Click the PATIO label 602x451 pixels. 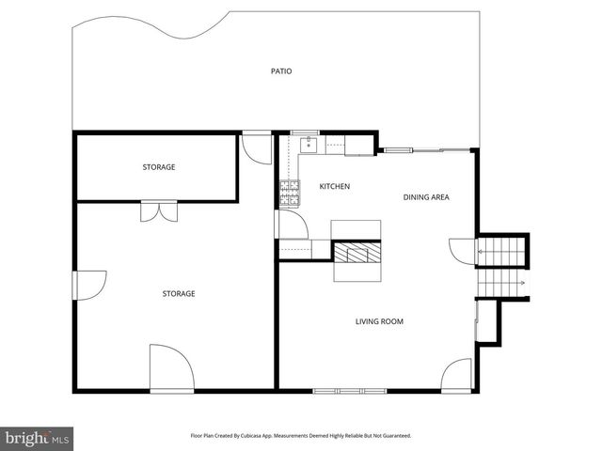[x=280, y=70]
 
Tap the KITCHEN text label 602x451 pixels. [x=334, y=186]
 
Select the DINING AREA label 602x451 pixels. [x=425, y=197]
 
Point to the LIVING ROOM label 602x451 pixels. [x=379, y=321]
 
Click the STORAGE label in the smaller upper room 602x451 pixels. [x=159, y=167]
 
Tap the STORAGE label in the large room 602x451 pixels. [x=179, y=294]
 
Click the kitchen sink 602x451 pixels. [x=308, y=145]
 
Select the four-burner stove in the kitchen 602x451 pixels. [x=289, y=194]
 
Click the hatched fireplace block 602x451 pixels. [x=357, y=252]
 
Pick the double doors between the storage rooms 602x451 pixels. [x=158, y=210]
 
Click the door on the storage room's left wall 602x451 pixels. [x=87, y=285]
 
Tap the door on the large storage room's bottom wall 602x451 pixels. [x=171, y=368]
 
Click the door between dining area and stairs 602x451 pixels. [x=465, y=251]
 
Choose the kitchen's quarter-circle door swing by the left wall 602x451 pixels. [x=291, y=225]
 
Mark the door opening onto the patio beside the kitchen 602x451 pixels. [x=256, y=148]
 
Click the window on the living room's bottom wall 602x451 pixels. [x=349, y=390]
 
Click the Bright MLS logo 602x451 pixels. [x=38, y=438]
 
